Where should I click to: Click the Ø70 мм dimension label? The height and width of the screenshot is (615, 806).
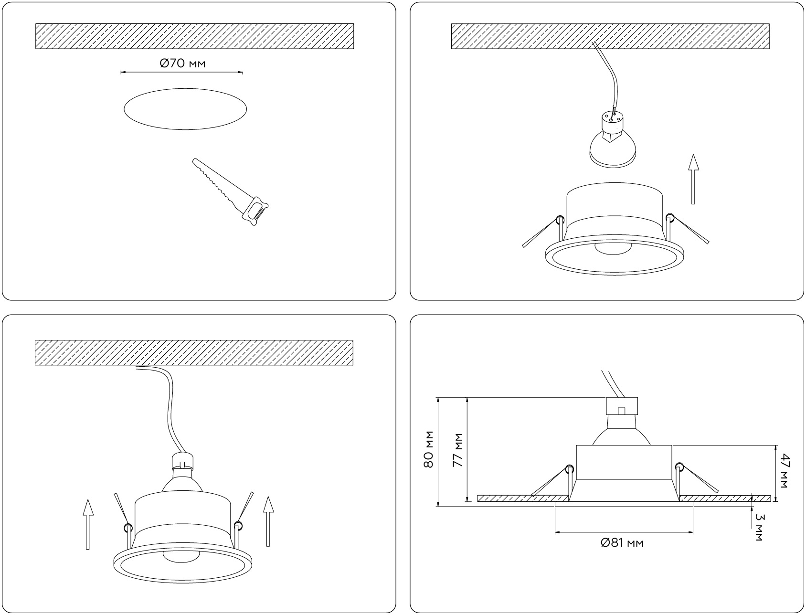click(183, 63)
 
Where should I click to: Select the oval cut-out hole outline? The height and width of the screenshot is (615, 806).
click(185, 109)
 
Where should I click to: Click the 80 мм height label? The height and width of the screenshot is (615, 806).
click(429, 449)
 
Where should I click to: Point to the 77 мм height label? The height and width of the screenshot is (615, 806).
click(458, 450)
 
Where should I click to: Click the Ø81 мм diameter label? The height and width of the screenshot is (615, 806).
click(622, 543)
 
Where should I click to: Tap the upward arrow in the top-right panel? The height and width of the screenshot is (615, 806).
click(693, 179)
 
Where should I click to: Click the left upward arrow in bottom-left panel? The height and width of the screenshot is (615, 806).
click(88, 524)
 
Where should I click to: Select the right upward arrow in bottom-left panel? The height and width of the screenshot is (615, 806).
click(268, 521)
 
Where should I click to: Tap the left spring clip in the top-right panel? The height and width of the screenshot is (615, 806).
click(542, 232)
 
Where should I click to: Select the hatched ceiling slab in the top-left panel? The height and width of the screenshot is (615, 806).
click(194, 36)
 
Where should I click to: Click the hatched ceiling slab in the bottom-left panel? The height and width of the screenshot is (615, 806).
click(194, 353)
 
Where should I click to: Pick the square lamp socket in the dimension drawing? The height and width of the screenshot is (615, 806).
click(622, 405)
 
